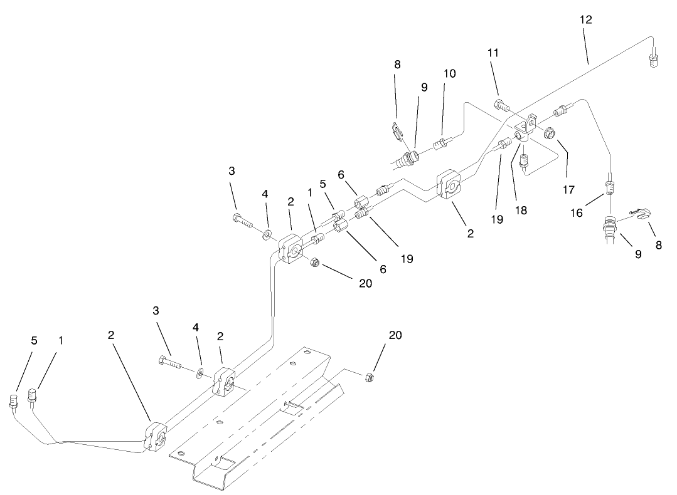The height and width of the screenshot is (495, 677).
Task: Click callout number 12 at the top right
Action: tap(585, 20)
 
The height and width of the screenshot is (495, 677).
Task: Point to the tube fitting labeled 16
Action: tap(608, 186)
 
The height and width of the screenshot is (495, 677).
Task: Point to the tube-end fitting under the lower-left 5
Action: tap(14, 400)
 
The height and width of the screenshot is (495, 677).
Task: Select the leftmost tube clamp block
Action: tap(156, 437)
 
